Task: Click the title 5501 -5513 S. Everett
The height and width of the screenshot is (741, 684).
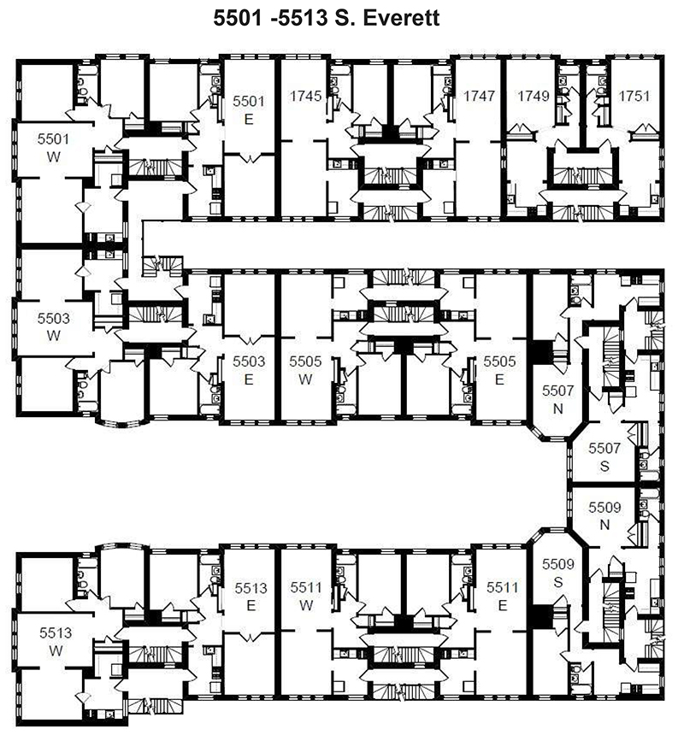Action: (x=326, y=18)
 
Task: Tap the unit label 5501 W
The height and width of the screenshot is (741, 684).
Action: (x=53, y=148)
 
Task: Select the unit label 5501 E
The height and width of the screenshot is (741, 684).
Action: (x=249, y=110)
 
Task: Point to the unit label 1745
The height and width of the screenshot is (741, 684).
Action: (x=306, y=96)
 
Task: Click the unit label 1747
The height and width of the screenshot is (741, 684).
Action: (x=479, y=96)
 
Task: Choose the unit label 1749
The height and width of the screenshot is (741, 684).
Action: (x=534, y=96)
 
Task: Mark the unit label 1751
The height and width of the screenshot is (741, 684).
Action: (x=634, y=96)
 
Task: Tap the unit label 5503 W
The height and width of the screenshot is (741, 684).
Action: (x=53, y=327)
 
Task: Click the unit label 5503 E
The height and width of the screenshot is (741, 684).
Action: (x=249, y=371)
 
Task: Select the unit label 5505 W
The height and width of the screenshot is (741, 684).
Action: (x=305, y=371)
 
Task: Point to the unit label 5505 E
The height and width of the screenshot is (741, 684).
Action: (x=499, y=371)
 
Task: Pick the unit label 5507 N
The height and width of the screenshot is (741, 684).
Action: (x=558, y=400)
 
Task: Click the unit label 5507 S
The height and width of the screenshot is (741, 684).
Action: (x=604, y=457)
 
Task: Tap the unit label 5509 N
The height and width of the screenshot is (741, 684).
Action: (x=604, y=516)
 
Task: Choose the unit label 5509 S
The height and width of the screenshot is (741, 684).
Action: (x=558, y=573)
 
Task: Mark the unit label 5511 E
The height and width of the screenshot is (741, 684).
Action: (x=503, y=597)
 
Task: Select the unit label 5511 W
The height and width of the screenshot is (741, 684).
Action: (x=306, y=597)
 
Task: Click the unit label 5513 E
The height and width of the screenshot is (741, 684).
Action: (x=251, y=597)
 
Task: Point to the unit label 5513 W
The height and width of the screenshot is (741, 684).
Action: (x=56, y=642)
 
